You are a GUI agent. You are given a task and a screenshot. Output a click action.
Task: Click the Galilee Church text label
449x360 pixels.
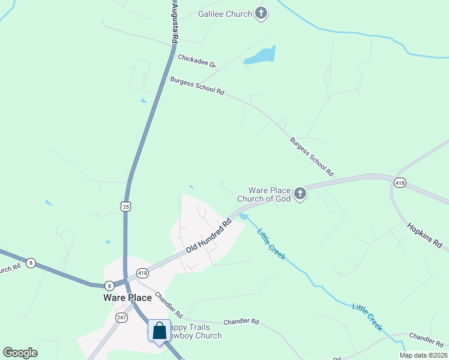(225, 14)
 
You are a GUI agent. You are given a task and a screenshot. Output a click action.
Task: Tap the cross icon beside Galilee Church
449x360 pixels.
(261, 13)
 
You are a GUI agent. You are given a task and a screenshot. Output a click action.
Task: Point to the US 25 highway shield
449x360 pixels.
(125, 206)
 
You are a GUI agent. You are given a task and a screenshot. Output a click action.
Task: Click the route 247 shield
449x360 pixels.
(121, 317)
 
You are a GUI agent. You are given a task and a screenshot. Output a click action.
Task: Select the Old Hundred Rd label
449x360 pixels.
(208, 235)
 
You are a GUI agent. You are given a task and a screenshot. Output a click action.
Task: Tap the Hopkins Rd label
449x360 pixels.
(424, 236)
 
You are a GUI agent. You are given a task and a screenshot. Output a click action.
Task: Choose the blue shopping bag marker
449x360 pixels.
(159, 331)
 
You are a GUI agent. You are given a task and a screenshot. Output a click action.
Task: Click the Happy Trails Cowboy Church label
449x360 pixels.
(195, 331)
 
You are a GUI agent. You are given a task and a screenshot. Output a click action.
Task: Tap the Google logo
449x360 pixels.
(20, 352)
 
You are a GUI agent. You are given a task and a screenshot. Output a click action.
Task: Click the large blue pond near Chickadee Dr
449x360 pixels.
(261, 56)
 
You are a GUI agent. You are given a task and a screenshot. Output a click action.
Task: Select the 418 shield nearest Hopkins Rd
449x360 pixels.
(399, 182)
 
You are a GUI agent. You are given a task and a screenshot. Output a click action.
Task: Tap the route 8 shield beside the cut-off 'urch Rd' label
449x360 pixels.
(31, 262)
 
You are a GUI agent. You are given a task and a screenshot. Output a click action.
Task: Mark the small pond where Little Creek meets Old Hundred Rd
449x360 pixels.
(243, 216)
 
